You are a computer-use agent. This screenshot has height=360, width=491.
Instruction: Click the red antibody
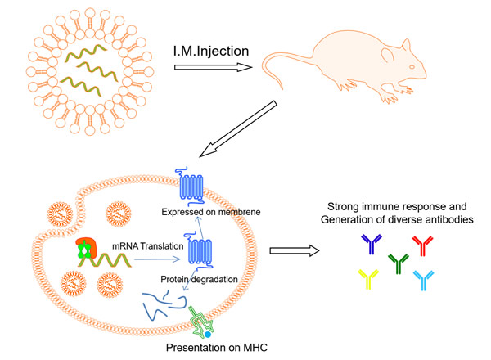423,244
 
